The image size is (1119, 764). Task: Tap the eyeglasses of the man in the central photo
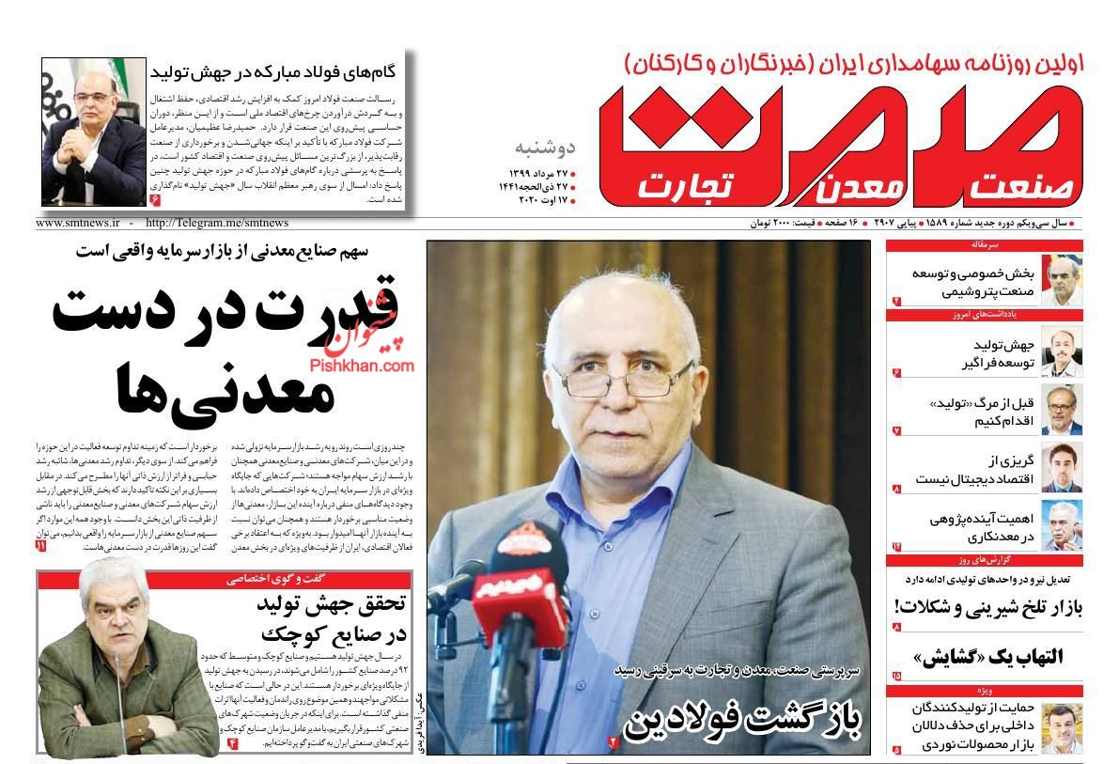tap(639, 375)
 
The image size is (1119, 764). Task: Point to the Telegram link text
tap(217, 224)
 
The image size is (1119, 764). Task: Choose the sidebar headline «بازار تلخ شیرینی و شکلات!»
tap(988, 608)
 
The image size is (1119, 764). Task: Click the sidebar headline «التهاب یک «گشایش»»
tap(987, 655)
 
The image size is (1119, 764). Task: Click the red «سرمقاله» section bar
tap(983, 244)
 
